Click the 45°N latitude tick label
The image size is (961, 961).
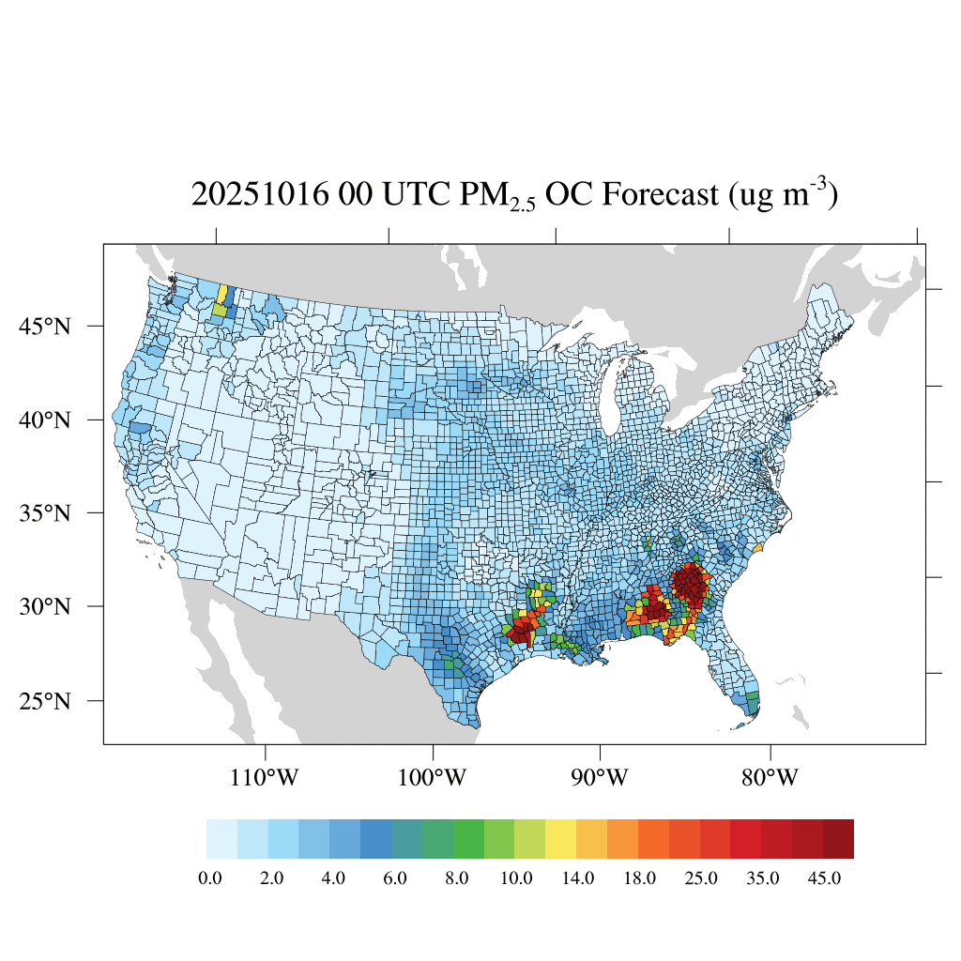coord(45,327)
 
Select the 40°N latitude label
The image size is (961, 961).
coord(45,419)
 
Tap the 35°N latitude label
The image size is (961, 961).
coord(45,513)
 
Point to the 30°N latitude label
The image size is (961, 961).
coord(45,606)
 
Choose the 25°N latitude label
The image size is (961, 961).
coord(45,701)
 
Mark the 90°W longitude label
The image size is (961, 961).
coord(601,778)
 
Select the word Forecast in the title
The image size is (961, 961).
coord(662,195)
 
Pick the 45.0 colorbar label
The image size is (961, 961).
coord(824,878)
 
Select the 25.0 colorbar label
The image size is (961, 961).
coord(701,878)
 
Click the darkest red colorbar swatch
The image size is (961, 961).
coord(838,839)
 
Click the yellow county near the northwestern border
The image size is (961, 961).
coord(222,295)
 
